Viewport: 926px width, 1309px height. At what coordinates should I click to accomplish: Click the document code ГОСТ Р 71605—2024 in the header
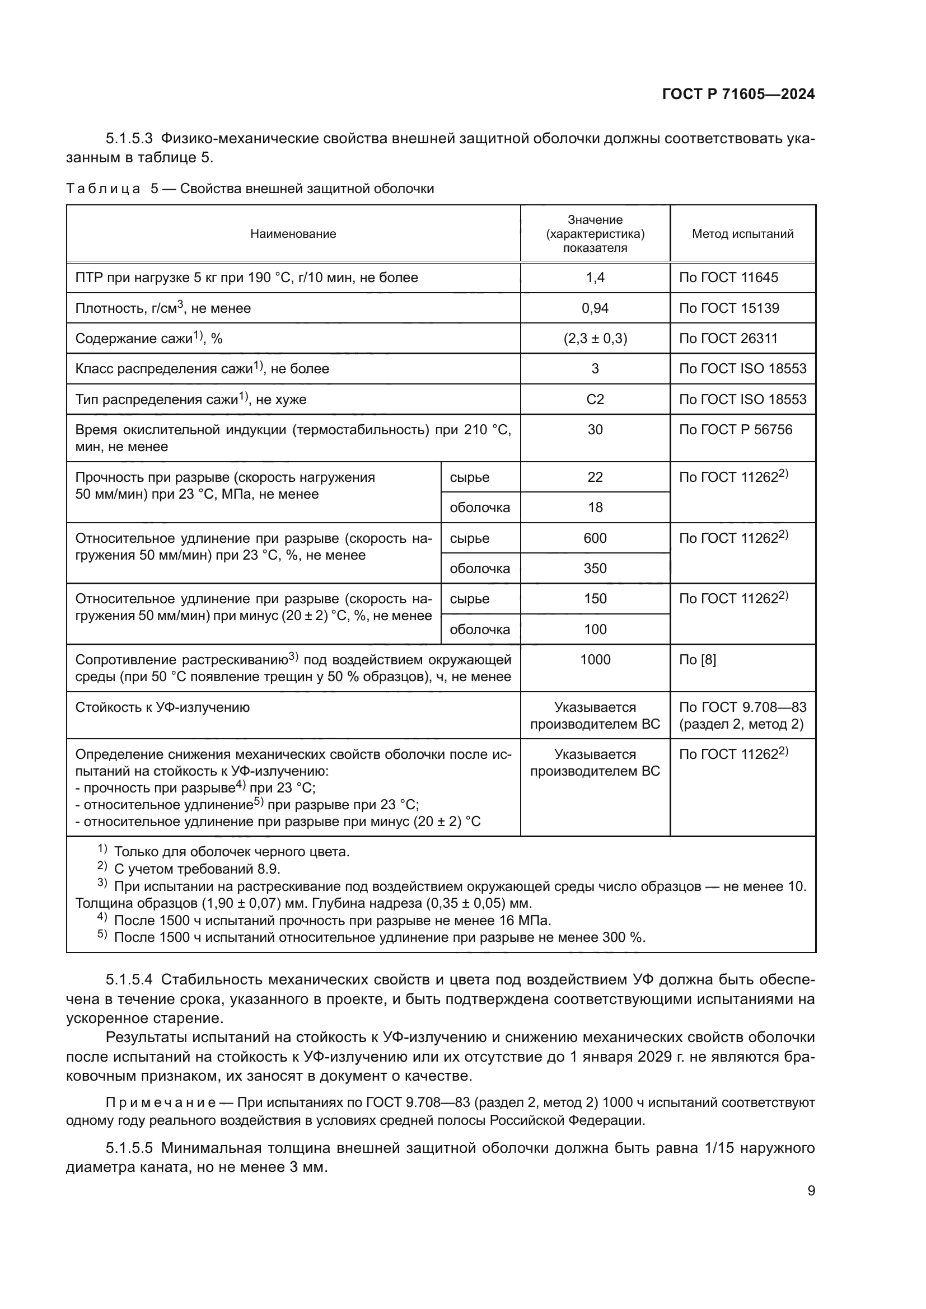click(738, 94)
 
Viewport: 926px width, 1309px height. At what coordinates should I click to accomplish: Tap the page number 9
click(811, 1190)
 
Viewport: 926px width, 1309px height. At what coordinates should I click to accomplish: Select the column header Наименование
click(293, 234)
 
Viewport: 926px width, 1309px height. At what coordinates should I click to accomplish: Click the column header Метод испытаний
click(742, 234)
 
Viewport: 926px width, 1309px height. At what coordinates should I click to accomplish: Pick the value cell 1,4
click(595, 278)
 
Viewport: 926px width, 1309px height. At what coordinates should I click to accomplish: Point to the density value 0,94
click(595, 308)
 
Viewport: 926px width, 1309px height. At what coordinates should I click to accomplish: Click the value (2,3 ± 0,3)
click(595, 339)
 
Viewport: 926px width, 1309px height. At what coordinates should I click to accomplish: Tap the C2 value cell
click(595, 400)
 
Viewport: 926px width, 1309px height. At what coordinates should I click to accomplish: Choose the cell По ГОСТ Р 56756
click(735, 430)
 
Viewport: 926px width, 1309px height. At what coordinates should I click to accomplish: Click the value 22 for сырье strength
click(595, 477)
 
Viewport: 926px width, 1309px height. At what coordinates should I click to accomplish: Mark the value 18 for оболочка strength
click(595, 508)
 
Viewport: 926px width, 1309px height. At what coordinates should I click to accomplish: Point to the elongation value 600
click(595, 538)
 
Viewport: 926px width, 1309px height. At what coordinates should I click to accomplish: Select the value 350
click(595, 569)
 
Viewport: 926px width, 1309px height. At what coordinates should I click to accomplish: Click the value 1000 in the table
click(595, 660)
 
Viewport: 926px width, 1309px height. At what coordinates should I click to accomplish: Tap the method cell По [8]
click(697, 660)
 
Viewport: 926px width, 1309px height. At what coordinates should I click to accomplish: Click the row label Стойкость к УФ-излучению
click(162, 707)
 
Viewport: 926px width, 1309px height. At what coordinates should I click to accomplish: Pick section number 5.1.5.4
click(129, 979)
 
